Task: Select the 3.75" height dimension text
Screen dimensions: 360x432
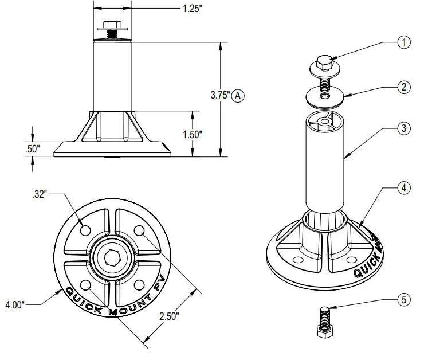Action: click(x=220, y=96)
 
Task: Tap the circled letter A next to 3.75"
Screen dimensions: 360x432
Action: click(x=238, y=96)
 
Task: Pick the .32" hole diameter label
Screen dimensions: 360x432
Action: click(x=40, y=194)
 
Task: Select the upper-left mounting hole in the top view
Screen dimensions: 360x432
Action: click(x=85, y=229)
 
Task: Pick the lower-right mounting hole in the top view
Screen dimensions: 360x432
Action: click(x=138, y=284)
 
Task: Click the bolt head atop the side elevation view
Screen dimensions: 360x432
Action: click(x=113, y=25)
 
